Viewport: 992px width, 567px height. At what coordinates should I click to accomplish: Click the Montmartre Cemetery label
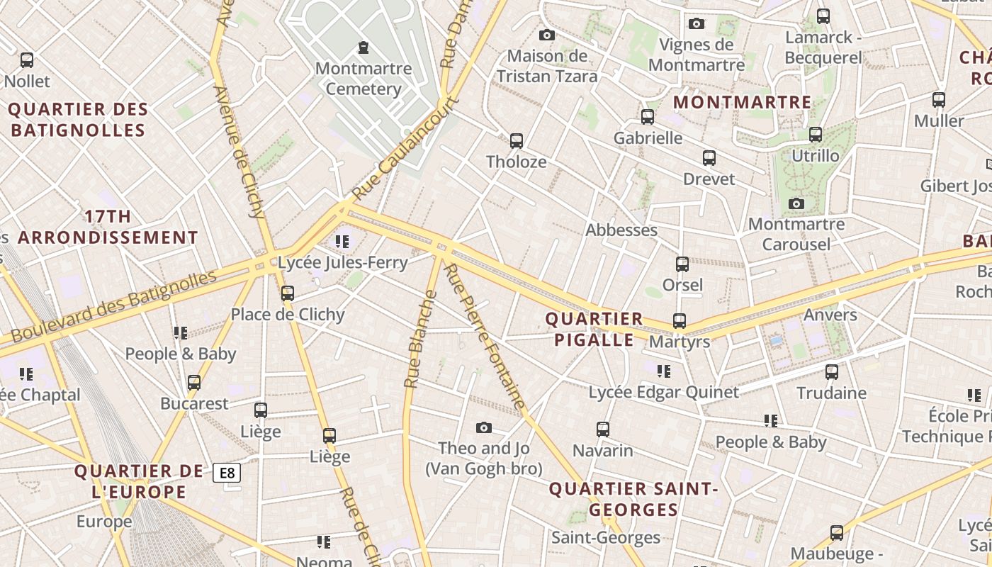point(363,79)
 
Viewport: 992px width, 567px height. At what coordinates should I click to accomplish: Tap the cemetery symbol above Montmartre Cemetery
point(363,47)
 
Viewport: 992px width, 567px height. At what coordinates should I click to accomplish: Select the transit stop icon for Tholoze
point(517,141)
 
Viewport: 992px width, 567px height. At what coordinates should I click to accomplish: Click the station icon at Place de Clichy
point(287,293)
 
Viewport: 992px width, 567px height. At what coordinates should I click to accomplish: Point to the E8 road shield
point(227,473)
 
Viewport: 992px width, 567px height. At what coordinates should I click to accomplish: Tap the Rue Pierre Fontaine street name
point(485,337)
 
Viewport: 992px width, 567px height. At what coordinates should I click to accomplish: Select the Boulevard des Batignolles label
point(113,306)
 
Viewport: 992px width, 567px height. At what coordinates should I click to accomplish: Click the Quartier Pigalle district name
point(594,329)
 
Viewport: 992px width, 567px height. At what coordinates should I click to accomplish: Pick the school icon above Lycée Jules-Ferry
point(342,242)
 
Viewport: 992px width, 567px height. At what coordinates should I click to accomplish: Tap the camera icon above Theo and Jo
point(484,427)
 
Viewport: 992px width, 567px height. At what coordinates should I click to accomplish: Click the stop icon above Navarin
point(602,429)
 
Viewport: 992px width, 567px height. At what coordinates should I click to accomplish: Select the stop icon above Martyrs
point(680,321)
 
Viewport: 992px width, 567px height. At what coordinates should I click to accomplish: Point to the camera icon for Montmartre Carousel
point(796,204)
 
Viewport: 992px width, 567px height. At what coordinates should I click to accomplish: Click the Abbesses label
point(621,230)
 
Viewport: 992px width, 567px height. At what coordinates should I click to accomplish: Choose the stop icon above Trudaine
point(832,371)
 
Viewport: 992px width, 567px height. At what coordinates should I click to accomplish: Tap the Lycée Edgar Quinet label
point(664,392)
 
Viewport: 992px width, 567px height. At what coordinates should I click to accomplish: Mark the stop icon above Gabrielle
point(648,117)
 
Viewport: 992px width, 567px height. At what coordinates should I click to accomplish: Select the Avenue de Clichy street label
point(238,152)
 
